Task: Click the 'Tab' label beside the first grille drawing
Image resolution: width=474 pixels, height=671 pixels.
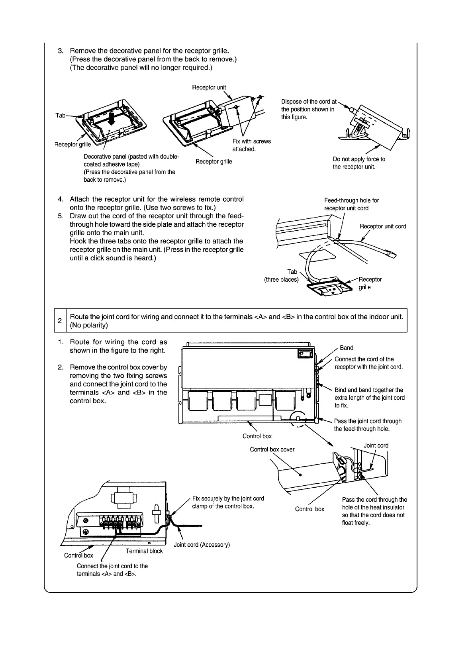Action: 60,115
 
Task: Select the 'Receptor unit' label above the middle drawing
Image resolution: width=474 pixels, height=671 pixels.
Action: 209,87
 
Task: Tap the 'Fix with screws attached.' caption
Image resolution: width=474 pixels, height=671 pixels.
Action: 251,145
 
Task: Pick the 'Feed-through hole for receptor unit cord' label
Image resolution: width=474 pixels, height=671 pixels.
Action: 351,204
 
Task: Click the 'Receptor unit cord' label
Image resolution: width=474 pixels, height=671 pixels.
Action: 383,226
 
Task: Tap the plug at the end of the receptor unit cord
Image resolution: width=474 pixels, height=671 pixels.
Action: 392,255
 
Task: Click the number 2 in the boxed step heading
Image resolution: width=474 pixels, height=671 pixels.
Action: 60,321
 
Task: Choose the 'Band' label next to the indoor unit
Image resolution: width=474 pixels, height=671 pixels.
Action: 346,348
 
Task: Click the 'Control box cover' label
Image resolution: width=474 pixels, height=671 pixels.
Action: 272,449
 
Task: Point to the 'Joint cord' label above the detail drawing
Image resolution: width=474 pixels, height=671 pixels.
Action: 376,445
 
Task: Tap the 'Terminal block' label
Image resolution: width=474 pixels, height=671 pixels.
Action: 144,551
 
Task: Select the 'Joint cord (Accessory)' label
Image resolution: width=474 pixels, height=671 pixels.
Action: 202,545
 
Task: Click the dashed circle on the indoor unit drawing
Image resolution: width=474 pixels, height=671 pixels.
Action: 298,420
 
